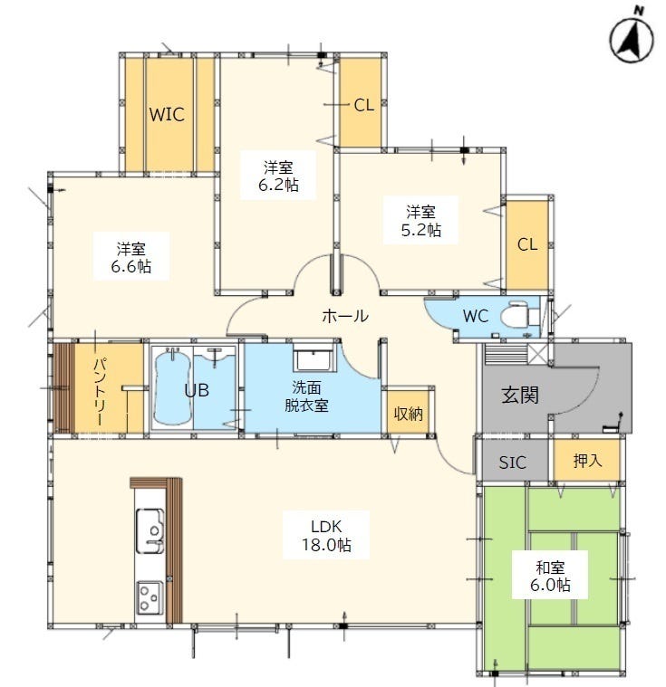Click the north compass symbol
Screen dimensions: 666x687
(632, 38)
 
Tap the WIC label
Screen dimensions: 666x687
(167, 114)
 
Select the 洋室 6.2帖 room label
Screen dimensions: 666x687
(278, 176)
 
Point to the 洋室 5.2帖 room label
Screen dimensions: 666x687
(420, 220)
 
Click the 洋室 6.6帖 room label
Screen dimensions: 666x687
(130, 257)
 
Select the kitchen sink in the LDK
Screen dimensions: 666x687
(150, 530)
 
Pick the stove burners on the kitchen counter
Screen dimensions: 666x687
(150, 596)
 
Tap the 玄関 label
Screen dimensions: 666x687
(520, 396)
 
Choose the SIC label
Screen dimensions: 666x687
(513, 463)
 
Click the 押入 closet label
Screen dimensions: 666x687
(587, 460)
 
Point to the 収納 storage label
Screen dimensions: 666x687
(408, 413)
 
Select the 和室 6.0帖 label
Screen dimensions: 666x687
(550, 576)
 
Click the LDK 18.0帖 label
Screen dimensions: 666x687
(326, 535)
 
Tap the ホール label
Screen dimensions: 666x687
(345, 316)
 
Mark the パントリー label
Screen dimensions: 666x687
(101, 391)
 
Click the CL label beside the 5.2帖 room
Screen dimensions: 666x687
(527, 244)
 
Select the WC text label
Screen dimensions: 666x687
(476, 316)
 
